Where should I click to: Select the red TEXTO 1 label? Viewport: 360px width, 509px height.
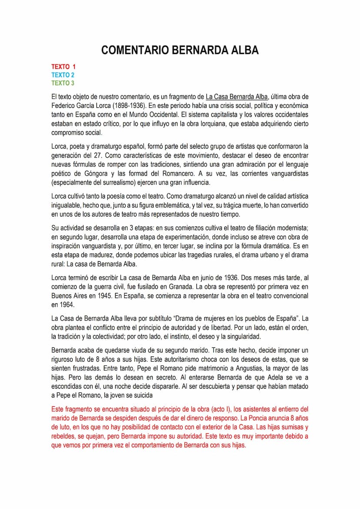click(x=63, y=67)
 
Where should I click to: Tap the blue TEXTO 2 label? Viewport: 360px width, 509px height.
click(x=63, y=75)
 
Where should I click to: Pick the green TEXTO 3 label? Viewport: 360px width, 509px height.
click(x=63, y=83)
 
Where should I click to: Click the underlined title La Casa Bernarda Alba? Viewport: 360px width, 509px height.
click(x=237, y=96)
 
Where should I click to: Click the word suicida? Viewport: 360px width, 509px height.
click(x=141, y=395)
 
